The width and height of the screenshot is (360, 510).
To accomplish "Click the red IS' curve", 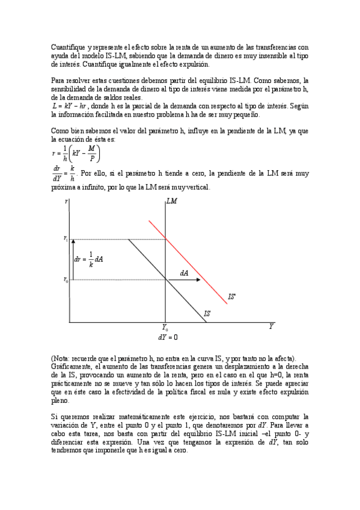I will click(186, 259).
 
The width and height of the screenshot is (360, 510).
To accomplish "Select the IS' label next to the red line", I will click(231, 297).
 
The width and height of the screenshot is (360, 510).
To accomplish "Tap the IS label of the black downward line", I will click(207, 313).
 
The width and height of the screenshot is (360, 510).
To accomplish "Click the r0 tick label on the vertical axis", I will click(66, 280).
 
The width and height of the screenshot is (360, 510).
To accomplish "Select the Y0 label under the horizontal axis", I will click(165, 328).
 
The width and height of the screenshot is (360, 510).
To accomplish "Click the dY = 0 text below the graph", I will click(168, 337).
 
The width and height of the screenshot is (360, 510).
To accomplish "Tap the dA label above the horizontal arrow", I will click(184, 273).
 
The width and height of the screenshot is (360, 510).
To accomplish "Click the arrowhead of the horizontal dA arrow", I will click(199, 280).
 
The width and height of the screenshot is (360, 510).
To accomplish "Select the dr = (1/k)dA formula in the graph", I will click(89, 259).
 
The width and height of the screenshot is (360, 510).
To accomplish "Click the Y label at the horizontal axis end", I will click(271, 327).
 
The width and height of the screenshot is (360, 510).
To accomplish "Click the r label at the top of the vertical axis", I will click(66, 202).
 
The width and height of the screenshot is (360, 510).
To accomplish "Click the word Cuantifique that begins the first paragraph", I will click(67, 47).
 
